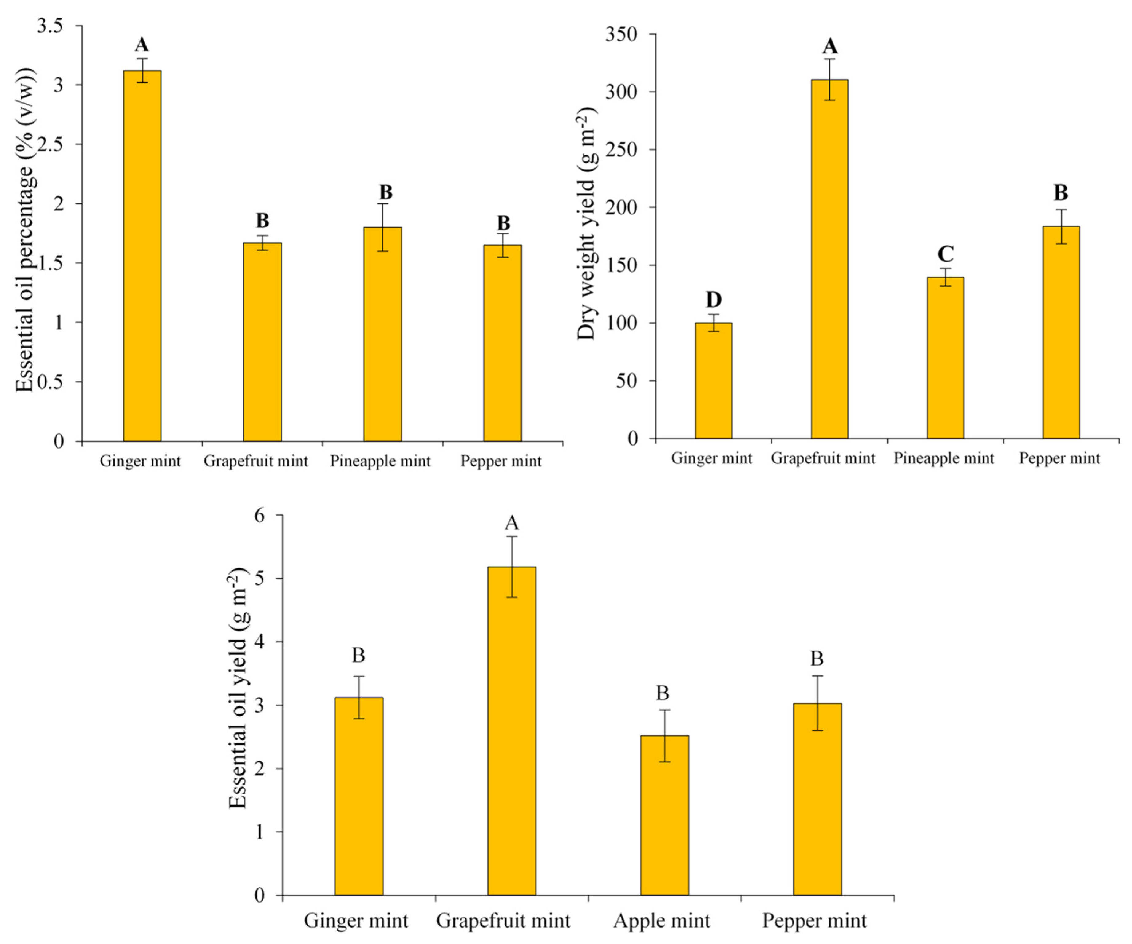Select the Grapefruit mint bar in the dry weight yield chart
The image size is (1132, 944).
click(x=829, y=259)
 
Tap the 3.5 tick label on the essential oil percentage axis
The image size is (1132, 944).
click(x=49, y=26)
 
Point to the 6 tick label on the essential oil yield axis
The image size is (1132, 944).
click(x=261, y=516)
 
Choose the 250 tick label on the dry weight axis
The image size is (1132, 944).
click(x=621, y=150)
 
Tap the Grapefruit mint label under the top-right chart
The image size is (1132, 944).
click(x=823, y=458)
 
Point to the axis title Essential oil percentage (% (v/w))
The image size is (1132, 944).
click(x=25, y=232)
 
